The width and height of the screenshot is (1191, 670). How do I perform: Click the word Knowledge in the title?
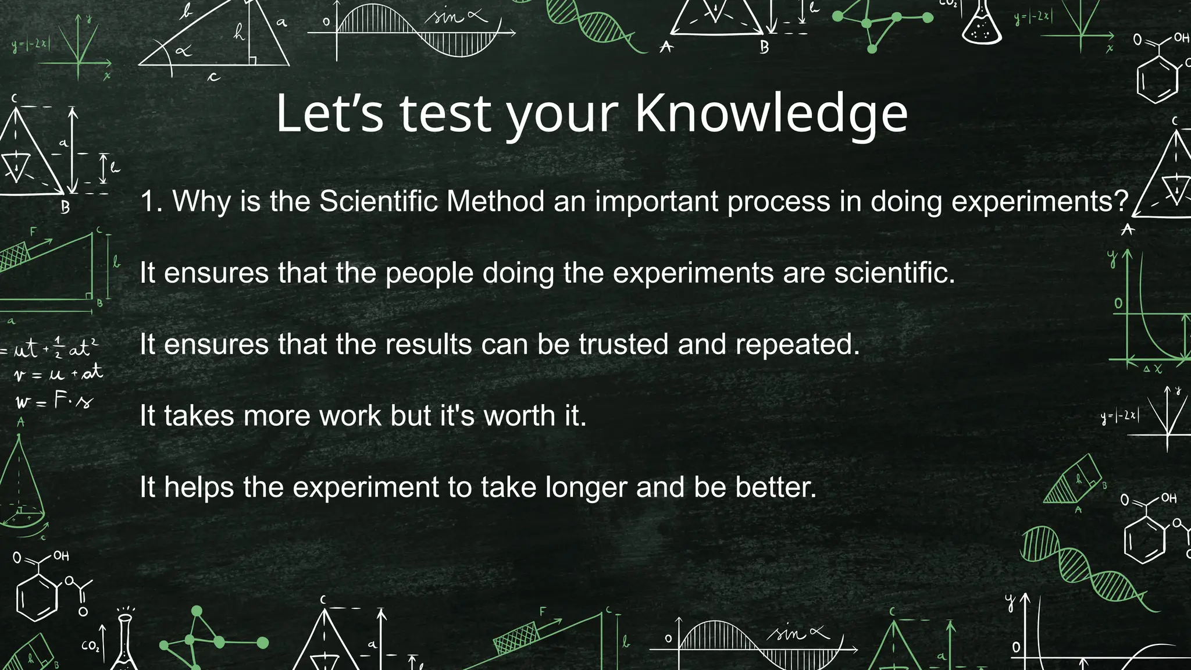pyautogui.click(x=771, y=115)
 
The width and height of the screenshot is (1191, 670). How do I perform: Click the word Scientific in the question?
pyautogui.click(x=378, y=202)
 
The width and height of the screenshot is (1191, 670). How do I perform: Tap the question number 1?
pyautogui.click(x=150, y=202)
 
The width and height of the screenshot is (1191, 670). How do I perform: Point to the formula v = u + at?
pyautogui.click(x=58, y=373)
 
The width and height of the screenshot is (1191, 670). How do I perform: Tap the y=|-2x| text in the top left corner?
pyautogui.click(x=30, y=44)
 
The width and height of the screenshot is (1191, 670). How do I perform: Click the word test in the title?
pyautogui.click(x=445, y=115)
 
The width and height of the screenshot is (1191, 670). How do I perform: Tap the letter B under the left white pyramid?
pyautogui.click(x=65, y=207)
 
